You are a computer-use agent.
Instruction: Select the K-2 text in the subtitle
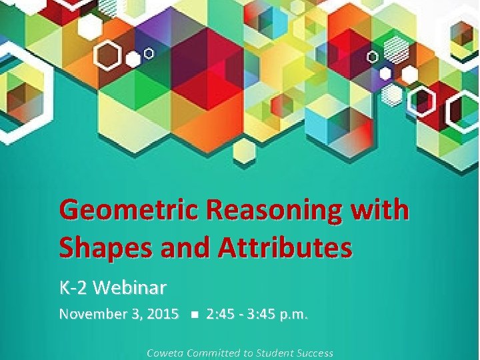click(x=73, y=288)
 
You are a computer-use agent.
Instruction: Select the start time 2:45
click(x=221, y=314)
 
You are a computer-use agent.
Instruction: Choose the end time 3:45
click(x=261, y=314)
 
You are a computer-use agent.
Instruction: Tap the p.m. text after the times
click(x=295, y=314)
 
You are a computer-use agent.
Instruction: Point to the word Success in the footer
click(x=315, y=353)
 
